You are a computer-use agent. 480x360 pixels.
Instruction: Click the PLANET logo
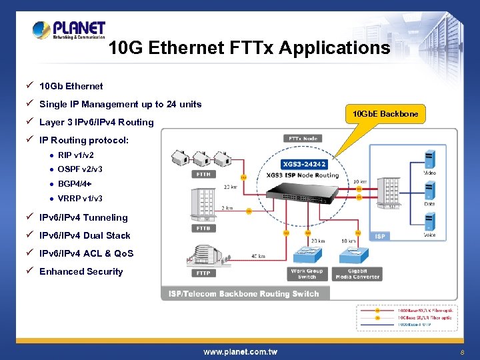(69, 30)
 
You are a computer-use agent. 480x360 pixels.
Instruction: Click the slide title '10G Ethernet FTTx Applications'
(249, 48)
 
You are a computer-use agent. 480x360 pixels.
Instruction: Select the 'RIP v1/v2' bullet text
(76, 155)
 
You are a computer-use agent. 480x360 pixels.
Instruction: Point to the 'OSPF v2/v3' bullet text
(80, 169)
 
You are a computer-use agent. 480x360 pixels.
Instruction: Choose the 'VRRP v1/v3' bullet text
(80, 199)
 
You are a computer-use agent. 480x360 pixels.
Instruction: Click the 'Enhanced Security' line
(81, 271)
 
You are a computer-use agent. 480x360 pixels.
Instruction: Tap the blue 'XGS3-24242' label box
(304, 163)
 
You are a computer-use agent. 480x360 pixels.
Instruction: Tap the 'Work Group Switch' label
(307, 274)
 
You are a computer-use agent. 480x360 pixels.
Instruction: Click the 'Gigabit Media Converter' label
(357, 274)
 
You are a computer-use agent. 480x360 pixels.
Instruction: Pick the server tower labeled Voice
(430, 221)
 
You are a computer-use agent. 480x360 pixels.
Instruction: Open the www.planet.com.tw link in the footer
(240, 351)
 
